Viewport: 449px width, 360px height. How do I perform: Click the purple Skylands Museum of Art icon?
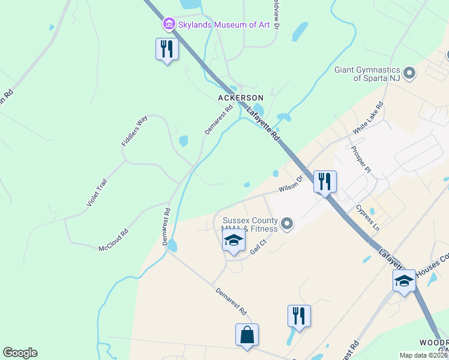click(x=169, y=25)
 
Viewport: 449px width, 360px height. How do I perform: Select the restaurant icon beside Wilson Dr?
click(x=325, y=182)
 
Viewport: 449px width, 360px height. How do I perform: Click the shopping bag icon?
click(x=247, y=335)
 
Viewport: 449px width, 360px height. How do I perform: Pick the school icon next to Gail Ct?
click(x=234, y=242)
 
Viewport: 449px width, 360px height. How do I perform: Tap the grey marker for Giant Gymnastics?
click(x=410, y=73)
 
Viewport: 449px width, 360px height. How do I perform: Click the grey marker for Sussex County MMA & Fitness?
click(x=287, y=224)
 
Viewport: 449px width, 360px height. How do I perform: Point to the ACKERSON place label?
click(x=241, y=97)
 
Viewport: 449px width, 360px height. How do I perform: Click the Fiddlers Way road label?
click(x=134, y=131)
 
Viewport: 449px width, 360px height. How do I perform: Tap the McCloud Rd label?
click(x=113, y=240)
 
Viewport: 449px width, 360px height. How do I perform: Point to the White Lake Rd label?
click(x=368, y=119)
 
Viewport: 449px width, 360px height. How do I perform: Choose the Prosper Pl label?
click(x=361, y=159)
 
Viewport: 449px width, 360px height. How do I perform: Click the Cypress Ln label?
click(x=368, y=218)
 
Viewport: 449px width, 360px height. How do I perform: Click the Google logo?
click(x=20, y=353)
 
